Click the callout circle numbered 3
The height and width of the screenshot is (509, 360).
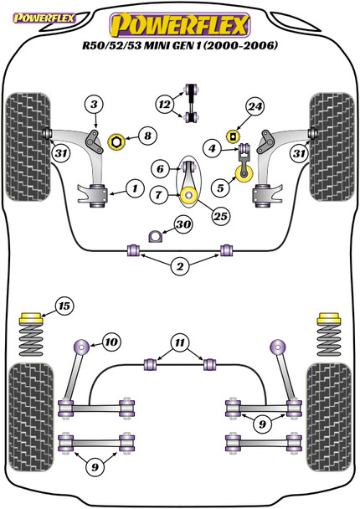(94, 105)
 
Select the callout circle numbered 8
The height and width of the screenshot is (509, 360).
(147, 136)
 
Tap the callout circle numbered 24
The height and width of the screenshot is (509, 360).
(255, 106)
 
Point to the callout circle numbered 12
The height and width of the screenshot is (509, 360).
(165, 105)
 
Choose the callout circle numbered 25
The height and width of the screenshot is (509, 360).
(220, 216)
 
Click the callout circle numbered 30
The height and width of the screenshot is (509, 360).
(183, 224)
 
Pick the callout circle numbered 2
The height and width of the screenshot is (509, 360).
(179, 266)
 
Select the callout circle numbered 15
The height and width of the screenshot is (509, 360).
(64, 306)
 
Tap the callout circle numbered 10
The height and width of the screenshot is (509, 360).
(111, 342)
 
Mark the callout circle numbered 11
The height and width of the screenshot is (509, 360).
(179, 342)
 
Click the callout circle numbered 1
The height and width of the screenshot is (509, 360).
(135, 188)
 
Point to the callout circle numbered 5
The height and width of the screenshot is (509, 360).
(220, 188)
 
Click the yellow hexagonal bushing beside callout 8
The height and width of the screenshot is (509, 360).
(116, 142)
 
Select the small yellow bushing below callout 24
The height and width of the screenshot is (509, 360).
(232, 136)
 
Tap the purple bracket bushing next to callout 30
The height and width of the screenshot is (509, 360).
(155, 236)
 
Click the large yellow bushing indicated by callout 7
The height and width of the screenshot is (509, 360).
(189, 196)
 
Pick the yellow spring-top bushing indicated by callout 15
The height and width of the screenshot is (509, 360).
(31, 318)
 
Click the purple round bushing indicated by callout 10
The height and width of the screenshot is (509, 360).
(81, 347)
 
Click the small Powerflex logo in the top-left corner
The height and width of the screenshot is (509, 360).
(44, 18)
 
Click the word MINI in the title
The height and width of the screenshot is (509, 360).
(157, 44)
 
